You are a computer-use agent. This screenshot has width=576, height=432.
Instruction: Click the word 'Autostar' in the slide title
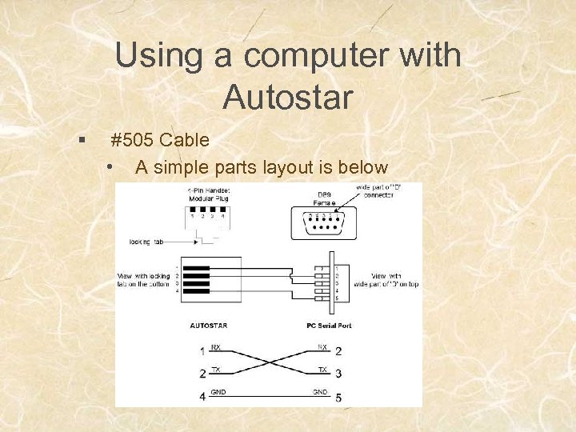[288, 98]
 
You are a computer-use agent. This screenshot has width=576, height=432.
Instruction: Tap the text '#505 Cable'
[160, 141]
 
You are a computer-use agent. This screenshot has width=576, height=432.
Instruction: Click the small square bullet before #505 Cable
[82, 141]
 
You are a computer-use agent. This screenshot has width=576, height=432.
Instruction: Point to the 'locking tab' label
[148, 240]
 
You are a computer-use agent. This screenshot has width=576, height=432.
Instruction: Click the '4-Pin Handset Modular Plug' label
[206, 194]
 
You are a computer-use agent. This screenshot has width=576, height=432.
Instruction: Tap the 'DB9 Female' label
[325, 199]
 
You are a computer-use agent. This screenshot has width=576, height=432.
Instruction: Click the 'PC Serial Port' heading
[328, 326]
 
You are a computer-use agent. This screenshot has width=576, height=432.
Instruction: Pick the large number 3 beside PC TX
[339, 374]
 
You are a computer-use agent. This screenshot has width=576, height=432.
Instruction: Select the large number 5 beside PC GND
[339, 397]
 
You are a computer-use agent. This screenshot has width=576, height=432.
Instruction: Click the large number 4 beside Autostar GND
[202, 396]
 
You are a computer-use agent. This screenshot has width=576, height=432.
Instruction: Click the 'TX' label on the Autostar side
[217, 369]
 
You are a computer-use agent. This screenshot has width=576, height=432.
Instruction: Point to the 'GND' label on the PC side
[320, 391]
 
